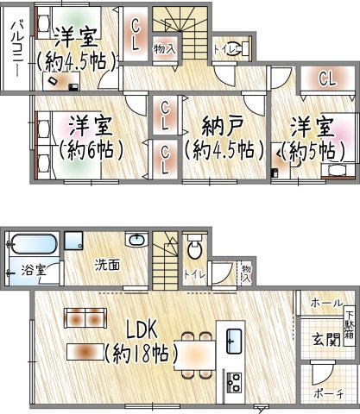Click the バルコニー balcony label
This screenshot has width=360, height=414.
(16, 48)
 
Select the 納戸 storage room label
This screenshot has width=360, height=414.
(223, 127)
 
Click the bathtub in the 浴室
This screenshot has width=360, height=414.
(35, 244)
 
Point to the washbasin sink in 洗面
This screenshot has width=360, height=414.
(136, 239)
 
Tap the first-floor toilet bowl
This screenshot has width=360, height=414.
(194, 248)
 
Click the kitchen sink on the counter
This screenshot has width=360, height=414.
(234, 341)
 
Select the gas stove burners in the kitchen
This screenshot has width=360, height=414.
(234, 382)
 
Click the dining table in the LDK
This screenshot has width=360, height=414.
(195, 355)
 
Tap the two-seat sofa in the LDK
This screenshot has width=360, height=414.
(85, 317)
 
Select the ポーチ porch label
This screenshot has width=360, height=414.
(328, 393)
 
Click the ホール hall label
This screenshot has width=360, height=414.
(327, 303)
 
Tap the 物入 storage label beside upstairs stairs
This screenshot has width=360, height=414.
(164, 49)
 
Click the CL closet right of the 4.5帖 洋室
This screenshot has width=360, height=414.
(135, 34)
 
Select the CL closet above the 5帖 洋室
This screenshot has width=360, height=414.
(327, 78)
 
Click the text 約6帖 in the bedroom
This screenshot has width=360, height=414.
(92, 150)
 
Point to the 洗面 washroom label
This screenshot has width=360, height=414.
(107, 265)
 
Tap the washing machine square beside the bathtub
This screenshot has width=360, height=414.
(73, 241)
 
